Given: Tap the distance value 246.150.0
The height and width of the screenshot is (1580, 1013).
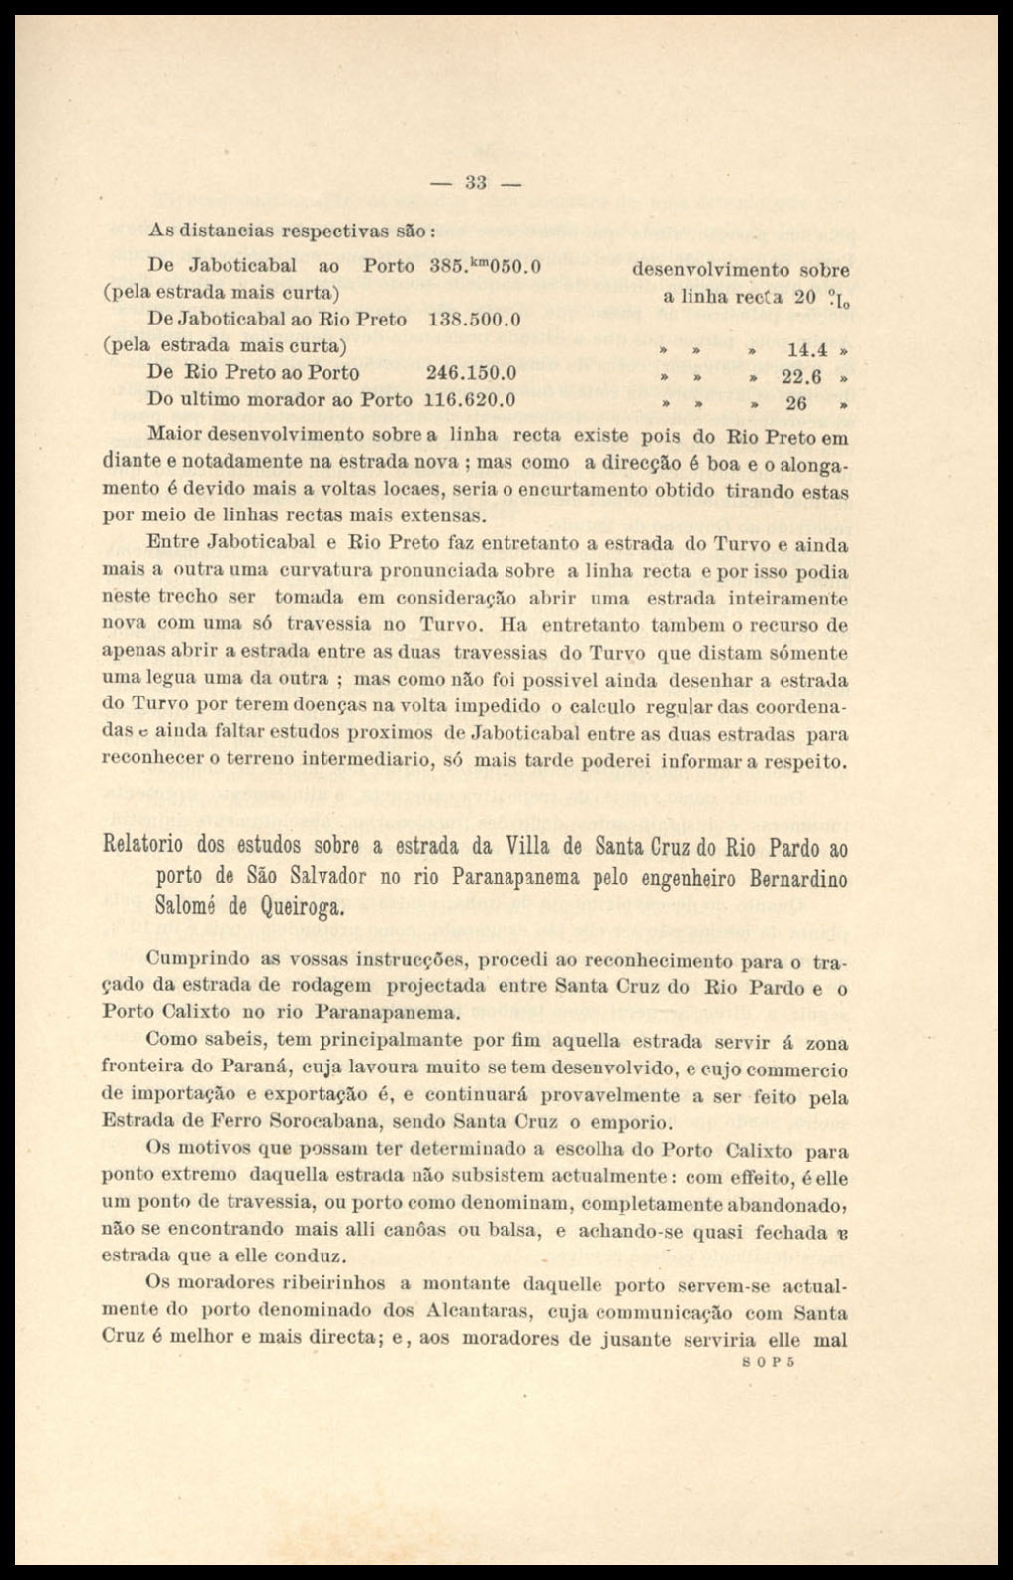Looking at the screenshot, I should [472, 373].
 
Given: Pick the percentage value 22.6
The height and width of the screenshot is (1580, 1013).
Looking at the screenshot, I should [803, 376].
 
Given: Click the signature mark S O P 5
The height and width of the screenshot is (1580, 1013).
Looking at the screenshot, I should [769, 1360].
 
